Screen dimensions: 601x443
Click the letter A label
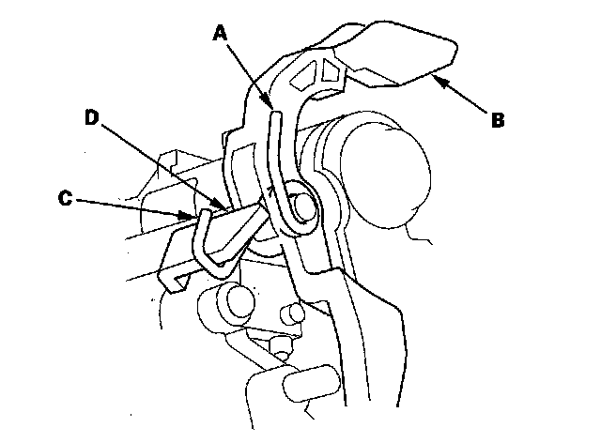[x=221, y=34]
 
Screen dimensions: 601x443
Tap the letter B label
[x=498, y=119]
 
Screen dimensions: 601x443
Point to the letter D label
[x=91, y=117]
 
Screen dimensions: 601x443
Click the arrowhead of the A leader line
[x=270, y=104]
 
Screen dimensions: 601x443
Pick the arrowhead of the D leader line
[x=223, y=208]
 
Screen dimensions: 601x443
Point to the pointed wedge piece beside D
[x=240, y=225]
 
